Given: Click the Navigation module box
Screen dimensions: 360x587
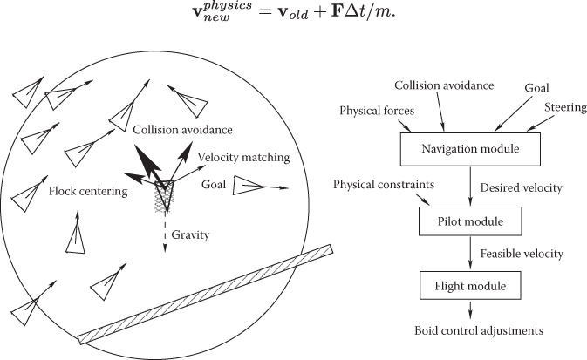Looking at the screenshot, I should [x=470, y=149].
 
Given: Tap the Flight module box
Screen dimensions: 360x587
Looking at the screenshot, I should [x=471, y=285].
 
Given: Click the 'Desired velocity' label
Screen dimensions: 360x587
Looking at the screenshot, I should [x=521, y=187].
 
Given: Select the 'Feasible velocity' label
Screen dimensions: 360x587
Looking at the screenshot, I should [x=522, y=254].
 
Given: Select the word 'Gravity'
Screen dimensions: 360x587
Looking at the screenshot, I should [x=191, y=235].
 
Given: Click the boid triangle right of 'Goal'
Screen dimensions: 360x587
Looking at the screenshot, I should [x=248, y=186].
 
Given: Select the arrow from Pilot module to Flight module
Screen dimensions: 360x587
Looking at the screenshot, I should [x=471, y=254].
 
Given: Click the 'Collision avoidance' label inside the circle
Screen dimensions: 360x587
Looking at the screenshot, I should [x=182, y=130].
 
